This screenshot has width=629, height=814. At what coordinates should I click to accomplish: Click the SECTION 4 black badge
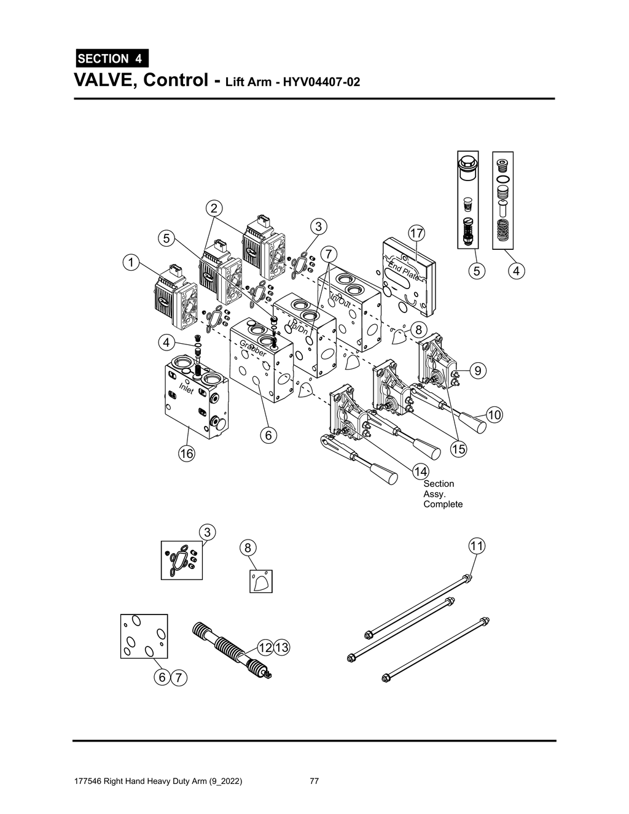tap(111, 59)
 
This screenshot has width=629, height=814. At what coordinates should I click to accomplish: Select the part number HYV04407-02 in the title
tap(321, 82)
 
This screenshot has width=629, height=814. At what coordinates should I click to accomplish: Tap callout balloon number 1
tap(130, 263)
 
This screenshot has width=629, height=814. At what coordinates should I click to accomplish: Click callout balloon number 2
tap(214, 208)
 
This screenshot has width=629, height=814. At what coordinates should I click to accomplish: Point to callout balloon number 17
tap(416, 233)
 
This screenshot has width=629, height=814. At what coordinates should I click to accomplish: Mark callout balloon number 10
tap(494, 415)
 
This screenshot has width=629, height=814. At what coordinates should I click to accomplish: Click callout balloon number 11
tap(477, 545)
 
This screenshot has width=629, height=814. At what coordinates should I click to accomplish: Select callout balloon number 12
tap(265, 648)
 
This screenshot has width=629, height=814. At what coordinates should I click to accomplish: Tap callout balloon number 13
tap(282, 648)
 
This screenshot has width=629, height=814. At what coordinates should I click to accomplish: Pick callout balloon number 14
tap(420, 471)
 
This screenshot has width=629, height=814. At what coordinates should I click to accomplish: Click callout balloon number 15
tap(458, 449)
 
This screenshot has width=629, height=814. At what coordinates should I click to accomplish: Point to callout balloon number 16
tap(186, 454)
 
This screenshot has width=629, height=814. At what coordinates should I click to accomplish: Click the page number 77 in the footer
tap(314, 781)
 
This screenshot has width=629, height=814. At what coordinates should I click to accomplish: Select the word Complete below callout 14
tap(443, 505)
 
